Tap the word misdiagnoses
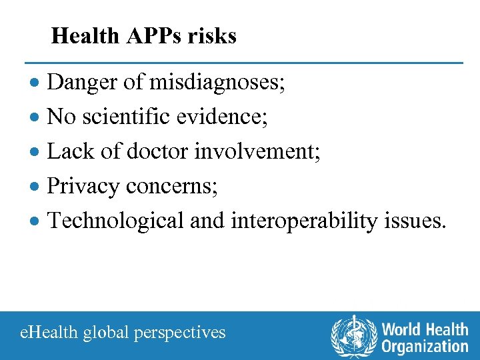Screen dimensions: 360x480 (217, 83)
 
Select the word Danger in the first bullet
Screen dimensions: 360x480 (79, 83)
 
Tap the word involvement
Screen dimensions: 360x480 (257, 151)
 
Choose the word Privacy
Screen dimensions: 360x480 (83, 186)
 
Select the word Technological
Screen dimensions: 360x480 (115, 221)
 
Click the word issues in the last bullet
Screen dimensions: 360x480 (416, 221)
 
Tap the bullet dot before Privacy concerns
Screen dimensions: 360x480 (39, 187)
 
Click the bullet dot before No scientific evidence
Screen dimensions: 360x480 (39, 118)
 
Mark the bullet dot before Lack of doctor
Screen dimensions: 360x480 (39, 153)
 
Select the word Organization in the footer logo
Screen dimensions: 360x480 (425, 345)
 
